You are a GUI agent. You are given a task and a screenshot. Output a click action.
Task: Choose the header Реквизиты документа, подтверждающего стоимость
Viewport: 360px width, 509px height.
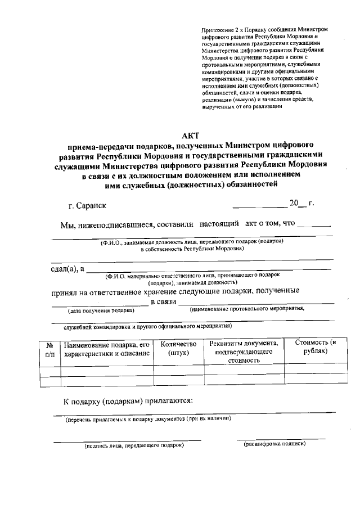tap(244, 352)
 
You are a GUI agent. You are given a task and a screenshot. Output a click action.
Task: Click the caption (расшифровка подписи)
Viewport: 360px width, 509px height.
tap(274, 444)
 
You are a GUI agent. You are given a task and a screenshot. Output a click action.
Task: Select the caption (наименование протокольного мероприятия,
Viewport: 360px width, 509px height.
tap(247, 309)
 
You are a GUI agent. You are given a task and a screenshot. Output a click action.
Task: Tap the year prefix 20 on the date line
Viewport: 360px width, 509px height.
tap(294, 203)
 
